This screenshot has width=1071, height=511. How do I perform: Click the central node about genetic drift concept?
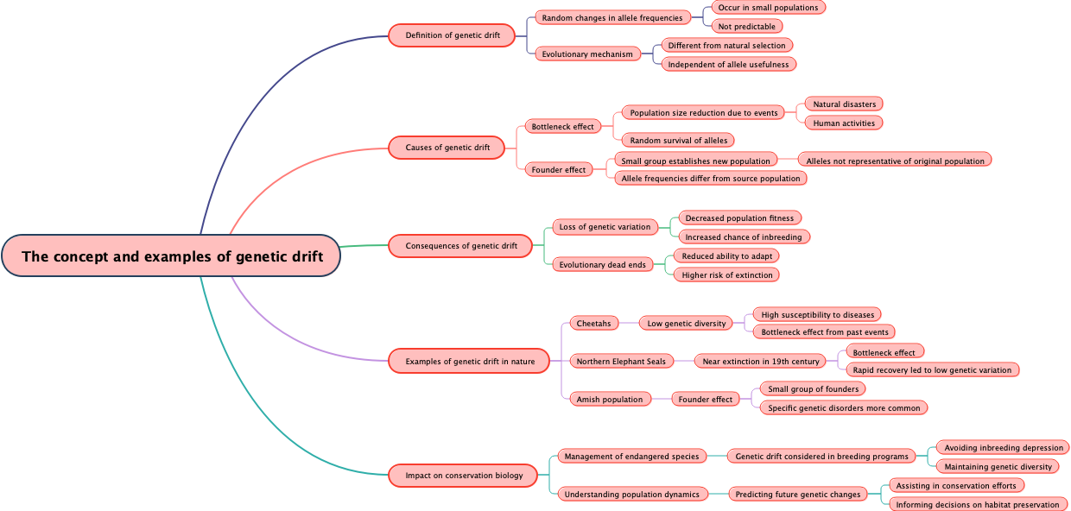pyautogui.click(x=171, y=256)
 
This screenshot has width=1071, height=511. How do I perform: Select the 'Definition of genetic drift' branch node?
pyautogui.click(x=452, y=35)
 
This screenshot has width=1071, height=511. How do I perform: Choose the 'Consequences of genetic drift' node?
pyautogui.click(x=460, y=246)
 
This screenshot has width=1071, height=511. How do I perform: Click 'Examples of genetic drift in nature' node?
pyautogui.click(x=469, y=361)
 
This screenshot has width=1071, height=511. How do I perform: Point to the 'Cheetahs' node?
pyautogui.click(x=593, y=324)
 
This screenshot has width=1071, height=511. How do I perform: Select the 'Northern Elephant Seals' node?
pyautogui.click(x=620, y=361)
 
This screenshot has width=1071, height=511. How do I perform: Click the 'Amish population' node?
pyautogui.click(x=610, y=399)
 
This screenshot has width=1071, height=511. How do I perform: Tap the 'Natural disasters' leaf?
pyautogui.click(x=843, y=104)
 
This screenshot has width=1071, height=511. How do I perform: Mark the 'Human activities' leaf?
pyautogui.click(x=843, y=123)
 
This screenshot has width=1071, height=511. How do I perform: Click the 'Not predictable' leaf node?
pyautogui.click(x=746, y=27)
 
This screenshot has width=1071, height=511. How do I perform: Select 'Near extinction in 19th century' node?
pyautogui.click(x=760, y=361)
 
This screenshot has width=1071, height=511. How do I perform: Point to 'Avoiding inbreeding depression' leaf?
pyautogui.click(x=1003, y=448)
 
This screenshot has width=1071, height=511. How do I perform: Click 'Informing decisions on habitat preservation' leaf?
pyautogui.click(x=977, y=504)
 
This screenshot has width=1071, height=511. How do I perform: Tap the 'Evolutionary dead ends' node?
pyautogui.click(x=602, y=265)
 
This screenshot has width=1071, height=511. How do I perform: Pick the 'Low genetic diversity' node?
pyautogui.click(x=688, y=324)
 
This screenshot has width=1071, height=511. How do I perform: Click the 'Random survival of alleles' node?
pyautogui.click(x=678, y=141)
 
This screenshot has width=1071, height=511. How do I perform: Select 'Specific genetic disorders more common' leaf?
pyautogui.click(x=844, y=407)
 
